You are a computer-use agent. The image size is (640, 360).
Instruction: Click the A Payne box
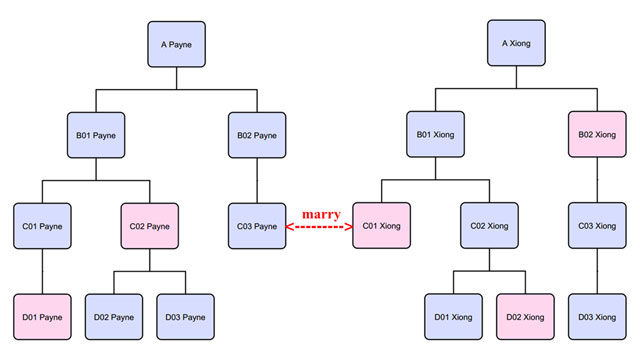(176, 45)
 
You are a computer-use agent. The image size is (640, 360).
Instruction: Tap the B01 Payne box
(97, 135)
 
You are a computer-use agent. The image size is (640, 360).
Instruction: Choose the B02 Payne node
(257, 135)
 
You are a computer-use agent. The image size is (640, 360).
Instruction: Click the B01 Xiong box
(436, 135)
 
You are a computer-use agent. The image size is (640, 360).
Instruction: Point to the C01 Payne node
(43, 226)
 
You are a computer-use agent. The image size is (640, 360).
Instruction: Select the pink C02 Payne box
(150, 226)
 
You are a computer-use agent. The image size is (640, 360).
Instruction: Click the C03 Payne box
(257, 226)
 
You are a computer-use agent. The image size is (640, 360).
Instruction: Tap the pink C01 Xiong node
(382, 226)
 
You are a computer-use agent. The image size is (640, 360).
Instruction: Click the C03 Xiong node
(597, 226)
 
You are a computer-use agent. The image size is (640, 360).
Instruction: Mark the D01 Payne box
(43, 317)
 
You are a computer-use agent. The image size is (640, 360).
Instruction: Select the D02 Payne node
(112, 317)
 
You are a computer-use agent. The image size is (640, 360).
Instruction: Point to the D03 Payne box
(186, 317)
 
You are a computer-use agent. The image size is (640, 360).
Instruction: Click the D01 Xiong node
(453, 317)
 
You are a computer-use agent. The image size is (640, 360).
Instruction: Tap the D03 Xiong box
(597, 317)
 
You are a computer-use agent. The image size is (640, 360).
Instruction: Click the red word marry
(320, 214)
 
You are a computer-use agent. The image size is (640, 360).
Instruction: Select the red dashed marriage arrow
(320, 228)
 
